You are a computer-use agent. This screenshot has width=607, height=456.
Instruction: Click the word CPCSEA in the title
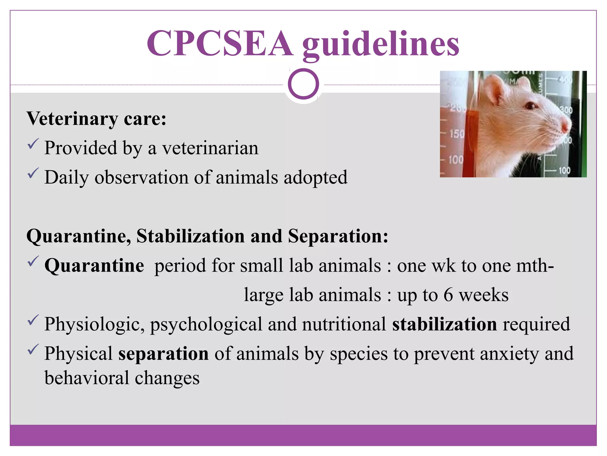220,43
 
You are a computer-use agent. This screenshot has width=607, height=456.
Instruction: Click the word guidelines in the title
381,45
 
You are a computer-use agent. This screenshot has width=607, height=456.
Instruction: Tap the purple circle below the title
303,84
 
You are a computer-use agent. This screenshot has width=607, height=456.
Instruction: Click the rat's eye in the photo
530,106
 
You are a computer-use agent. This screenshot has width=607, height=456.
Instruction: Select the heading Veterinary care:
96,119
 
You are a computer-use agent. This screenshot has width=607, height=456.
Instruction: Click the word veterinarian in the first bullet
210,148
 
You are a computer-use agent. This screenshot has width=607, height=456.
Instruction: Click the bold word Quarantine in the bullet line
94,265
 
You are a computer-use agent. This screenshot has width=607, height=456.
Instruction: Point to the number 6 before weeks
448,295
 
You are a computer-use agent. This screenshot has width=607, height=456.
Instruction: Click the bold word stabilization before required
444,324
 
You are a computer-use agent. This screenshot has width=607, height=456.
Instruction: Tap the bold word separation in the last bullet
164,354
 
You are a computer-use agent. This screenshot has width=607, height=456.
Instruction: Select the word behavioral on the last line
87,378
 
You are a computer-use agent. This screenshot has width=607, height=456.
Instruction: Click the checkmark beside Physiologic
33,320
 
